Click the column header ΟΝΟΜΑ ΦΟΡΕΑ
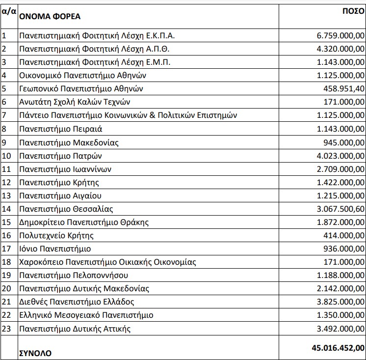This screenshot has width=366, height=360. point(50,16)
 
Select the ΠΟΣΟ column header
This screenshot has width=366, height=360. point(352,10)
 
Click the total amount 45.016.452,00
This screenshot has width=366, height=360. point(338,348)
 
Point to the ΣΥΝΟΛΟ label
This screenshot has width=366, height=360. point(35,353)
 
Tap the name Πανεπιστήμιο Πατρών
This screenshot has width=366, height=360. point(60,156)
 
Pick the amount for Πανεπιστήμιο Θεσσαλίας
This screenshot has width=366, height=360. point(341,209)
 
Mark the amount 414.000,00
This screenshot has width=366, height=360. point(345,235)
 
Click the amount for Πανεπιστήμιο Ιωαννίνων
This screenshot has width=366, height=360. point(341,169)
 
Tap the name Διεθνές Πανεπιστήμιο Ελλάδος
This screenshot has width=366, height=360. point(77,302)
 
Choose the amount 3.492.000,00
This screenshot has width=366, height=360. point(341,329)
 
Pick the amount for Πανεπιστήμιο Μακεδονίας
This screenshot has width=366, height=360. point(345,142)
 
